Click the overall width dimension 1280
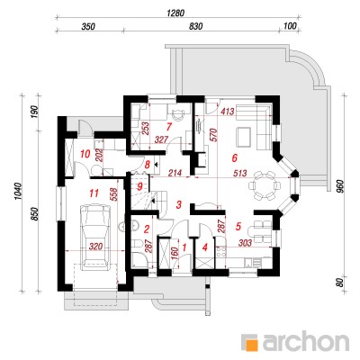[x=175, y=13]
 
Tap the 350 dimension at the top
[x=88, y=26]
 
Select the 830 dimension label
[x=196, y=26]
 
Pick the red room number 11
[x=94, y=193]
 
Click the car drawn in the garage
[x=96, y=236]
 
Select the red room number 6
[x=235, y=157]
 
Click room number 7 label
[x=168, y=127]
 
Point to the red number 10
[x=85, y=155]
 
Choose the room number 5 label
[x=238, y=226]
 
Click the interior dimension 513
[x=240, y=174]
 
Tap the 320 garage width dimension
[x=96, y=247]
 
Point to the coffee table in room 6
[x=243, y=138]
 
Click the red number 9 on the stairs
[x=139, y=186]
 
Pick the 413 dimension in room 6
[x=227, y=112]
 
